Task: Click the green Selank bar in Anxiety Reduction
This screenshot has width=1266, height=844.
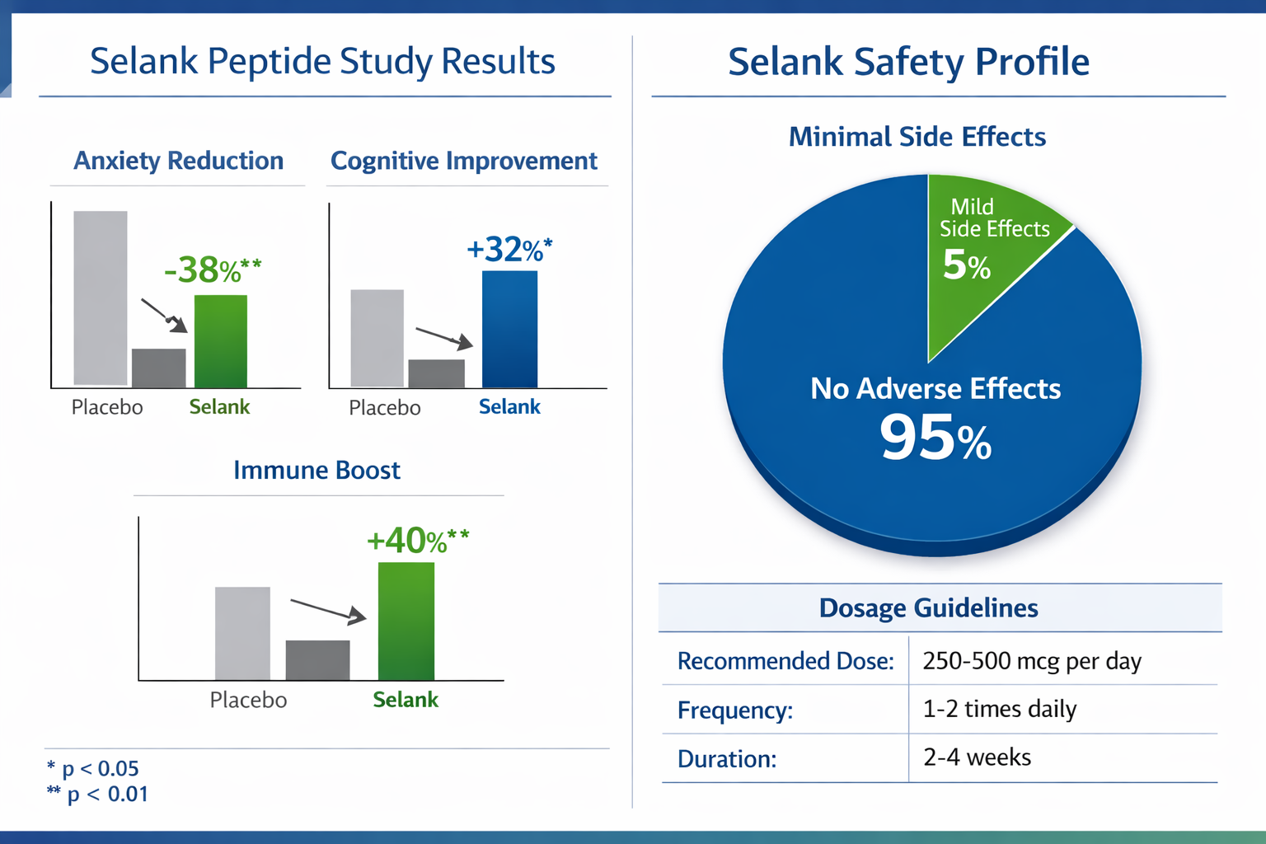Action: (x=220, y=341)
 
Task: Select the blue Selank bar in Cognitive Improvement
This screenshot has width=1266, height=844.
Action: (x=509, y=330)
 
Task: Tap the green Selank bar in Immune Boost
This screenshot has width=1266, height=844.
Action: (x=406, y=621)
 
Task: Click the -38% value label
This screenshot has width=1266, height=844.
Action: (x=213, y=270)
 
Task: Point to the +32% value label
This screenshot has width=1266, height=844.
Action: (x=509, y=249)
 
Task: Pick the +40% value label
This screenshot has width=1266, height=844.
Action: (x=417, y=541)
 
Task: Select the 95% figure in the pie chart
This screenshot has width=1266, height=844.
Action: (x=935, y=438)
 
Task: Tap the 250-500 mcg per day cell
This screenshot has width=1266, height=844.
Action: (x=1031, y=661)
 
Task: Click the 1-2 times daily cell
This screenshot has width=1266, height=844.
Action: (x=999, y=709)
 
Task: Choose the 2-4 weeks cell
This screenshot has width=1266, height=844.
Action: (x=977, y=757)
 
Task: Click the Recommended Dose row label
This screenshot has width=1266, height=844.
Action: (x=785, y=661)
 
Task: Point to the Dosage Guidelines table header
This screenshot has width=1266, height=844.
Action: (x=928, y=608)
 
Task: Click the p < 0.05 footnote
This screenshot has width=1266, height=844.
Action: (x=92, y=768)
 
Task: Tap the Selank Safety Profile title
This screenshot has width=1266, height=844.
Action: (x=908, y=62)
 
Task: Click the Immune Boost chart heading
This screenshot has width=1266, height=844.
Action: (x=316, y=470)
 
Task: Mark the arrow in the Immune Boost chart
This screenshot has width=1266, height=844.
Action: (x=328, y=611)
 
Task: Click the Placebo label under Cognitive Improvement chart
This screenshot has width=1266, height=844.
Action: (x=384, y=408)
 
